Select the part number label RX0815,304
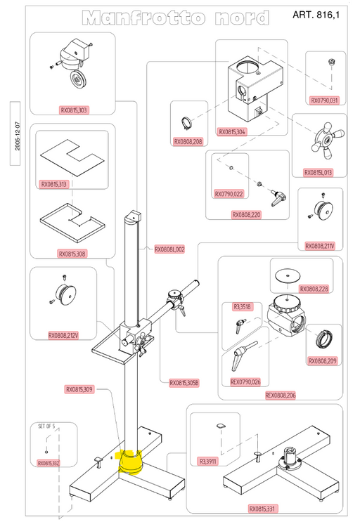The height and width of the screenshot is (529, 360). click(232, 131)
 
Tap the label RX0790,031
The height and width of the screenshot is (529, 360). click(324, 100)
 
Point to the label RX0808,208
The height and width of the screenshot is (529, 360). click(188, 141)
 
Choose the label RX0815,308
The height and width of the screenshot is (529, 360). click(73, 254)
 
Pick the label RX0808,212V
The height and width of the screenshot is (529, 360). click(64, 335)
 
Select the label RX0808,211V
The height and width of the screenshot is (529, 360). click(320, 246)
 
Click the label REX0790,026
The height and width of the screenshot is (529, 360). click(245, 381)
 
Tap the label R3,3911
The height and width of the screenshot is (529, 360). click(208, 462)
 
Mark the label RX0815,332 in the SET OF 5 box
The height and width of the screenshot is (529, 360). click(49, 463)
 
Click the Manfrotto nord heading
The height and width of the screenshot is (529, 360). click(174, 18)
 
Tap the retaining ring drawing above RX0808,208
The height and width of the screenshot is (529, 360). click(186, 122)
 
